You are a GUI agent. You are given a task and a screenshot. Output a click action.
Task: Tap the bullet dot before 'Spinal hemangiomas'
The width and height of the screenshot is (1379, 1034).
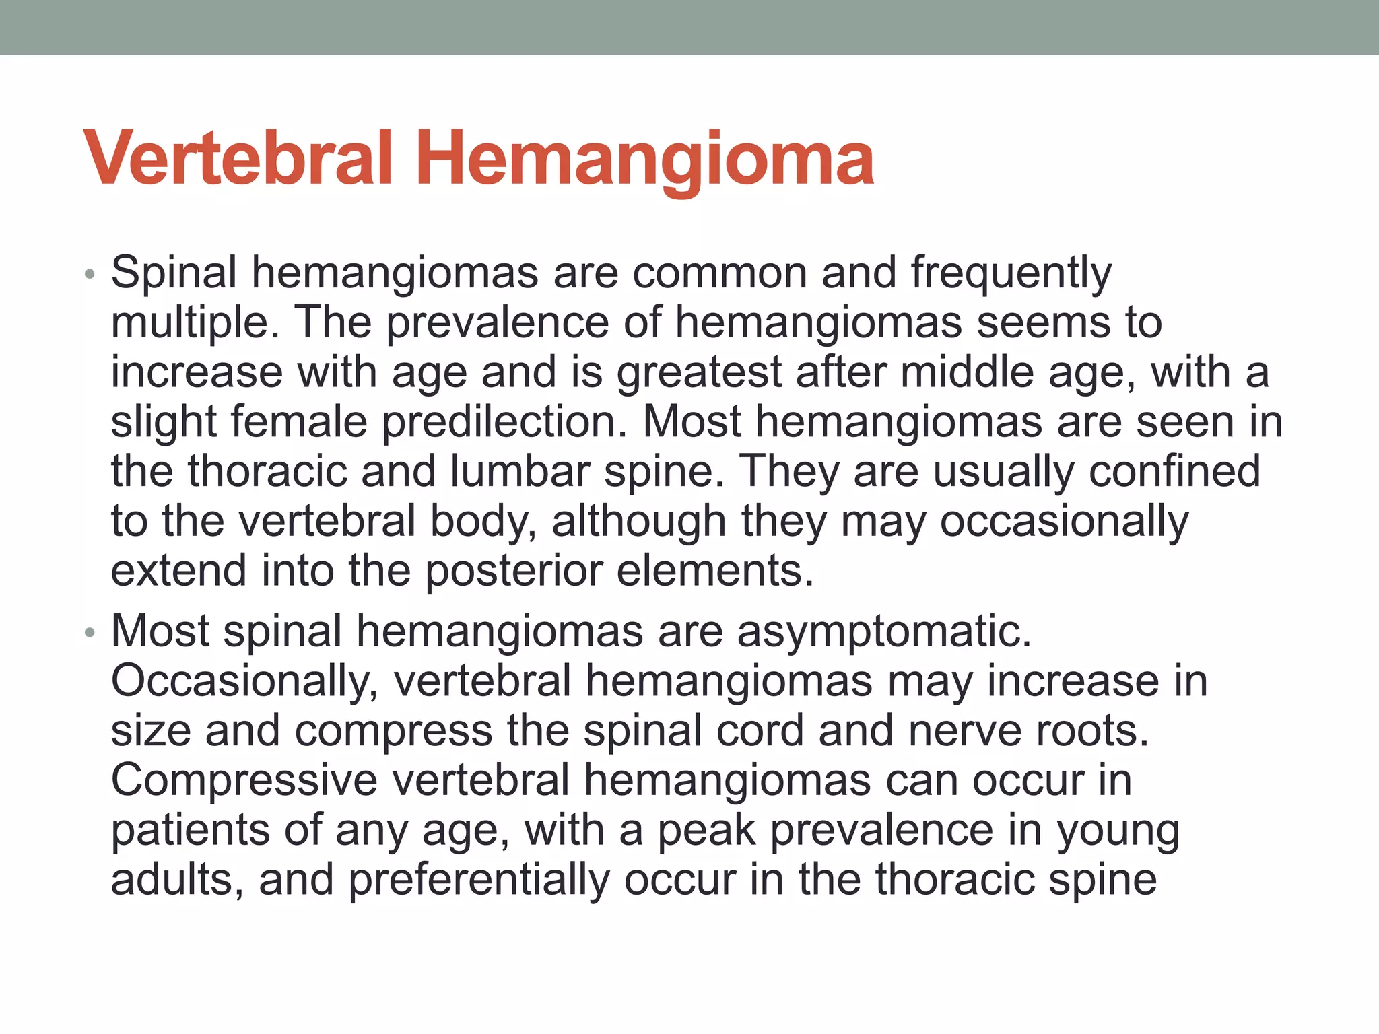pyautogui.click(x=90, y=275)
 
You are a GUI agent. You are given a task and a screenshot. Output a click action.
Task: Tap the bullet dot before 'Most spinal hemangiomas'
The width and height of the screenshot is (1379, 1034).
pyautogui.click(x=90, y=633)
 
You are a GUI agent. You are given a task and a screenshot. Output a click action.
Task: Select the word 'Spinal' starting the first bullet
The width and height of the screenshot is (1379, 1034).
pyautogui.click(x=174, y=273)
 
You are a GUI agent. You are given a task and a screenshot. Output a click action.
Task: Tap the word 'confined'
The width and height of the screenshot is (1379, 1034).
pyautogui.click(x=1174, y=471)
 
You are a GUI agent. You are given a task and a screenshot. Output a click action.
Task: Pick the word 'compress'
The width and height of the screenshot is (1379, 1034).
pyautogui.click(x=393, y=732)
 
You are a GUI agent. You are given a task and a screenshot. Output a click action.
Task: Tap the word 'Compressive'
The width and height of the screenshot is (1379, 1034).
pyautogui.click(x=244, y=781)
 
